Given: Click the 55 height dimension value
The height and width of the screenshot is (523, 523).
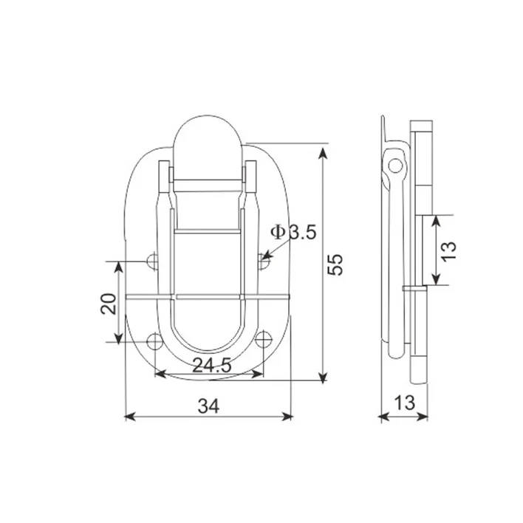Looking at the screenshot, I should coord(336,265).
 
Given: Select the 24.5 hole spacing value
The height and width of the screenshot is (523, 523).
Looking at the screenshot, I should coord(211,364).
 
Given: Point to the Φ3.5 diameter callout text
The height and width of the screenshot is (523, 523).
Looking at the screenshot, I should coord(293,232).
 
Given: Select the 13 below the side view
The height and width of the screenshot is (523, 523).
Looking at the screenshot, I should coord(403,403).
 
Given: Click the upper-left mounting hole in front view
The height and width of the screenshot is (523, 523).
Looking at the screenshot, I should coord(153,260).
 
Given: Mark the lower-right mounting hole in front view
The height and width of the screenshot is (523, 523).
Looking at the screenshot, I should coord(264,341).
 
